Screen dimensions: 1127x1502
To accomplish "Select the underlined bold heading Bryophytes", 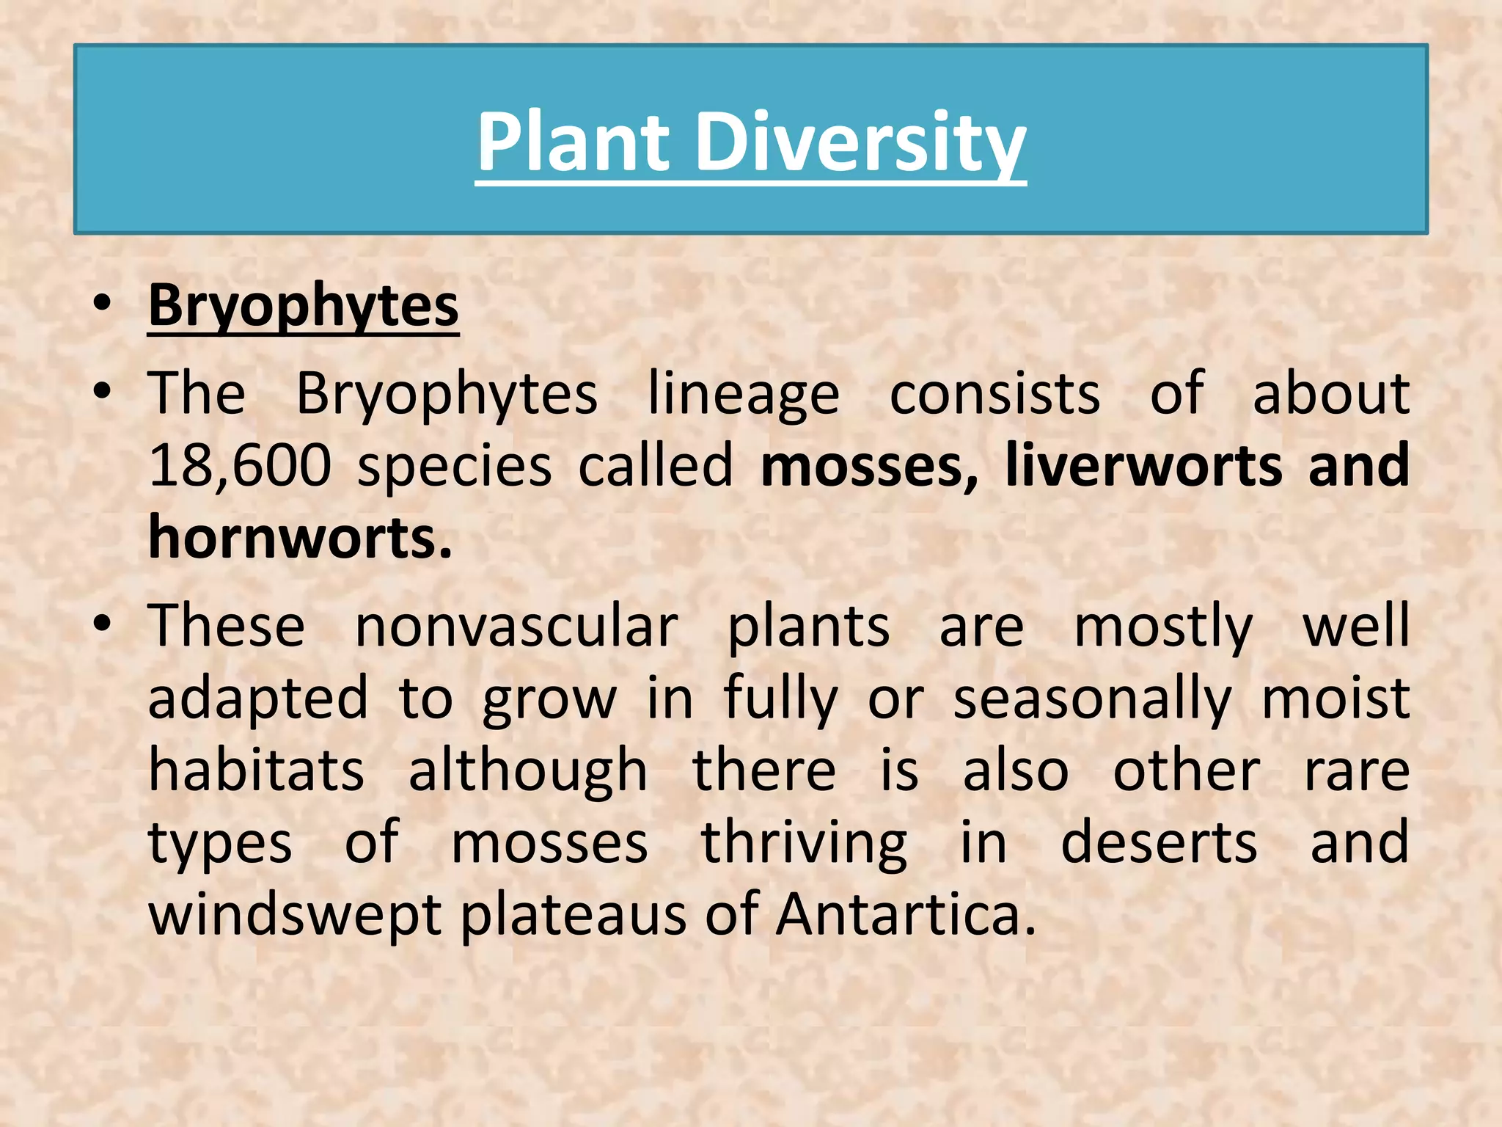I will tap(304, 307).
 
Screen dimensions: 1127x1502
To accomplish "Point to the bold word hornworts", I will tap(300, 538).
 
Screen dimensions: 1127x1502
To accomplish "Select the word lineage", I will tap(744, 394).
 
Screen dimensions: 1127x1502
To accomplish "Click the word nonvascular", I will tap(516, 627).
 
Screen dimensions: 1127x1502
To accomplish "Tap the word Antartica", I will tap(906, 915).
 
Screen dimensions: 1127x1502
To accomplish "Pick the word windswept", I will tap(295, 915).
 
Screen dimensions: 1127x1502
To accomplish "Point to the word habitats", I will tap(256, 770).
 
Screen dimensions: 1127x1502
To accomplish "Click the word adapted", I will tap(258, 699).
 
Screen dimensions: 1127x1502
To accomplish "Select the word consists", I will tap(994, 394).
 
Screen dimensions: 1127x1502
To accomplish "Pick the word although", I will tap(528, 770).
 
